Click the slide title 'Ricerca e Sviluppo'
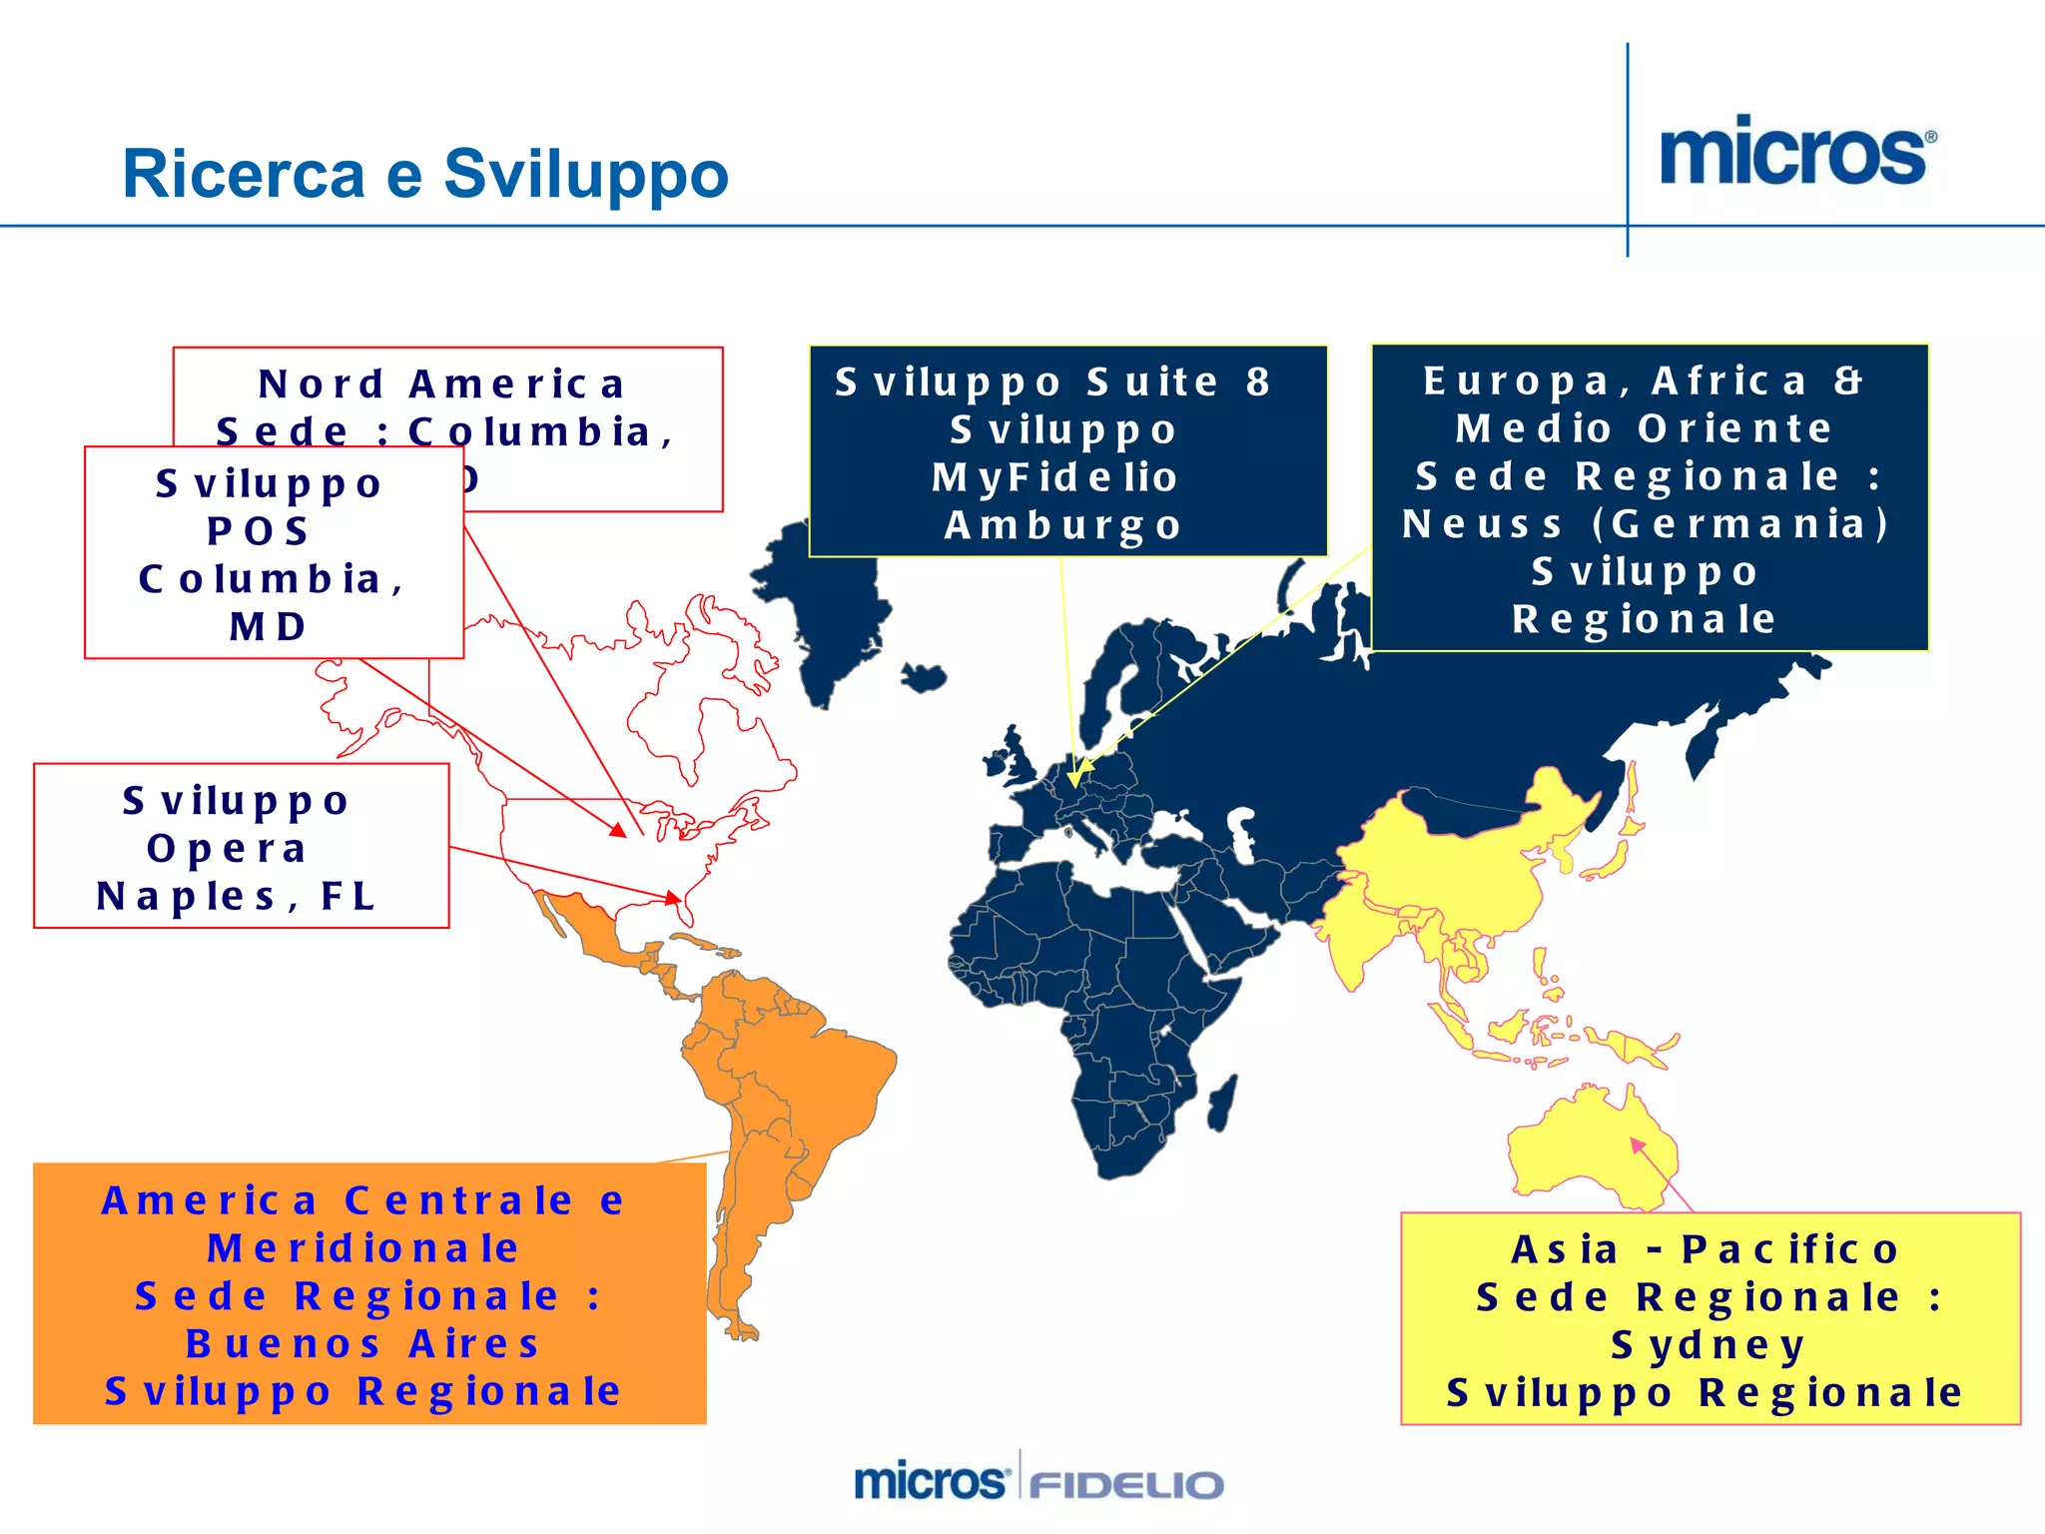click(x=425, y=174)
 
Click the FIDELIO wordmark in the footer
click(x=1126, y=1484)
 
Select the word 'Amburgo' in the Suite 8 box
click(x=1063, y=525)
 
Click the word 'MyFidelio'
click(x=1055, y=477)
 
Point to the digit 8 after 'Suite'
click(x=1257, y=382)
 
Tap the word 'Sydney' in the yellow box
click(x=1708, y=1345)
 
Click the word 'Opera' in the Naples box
click(x=227, y=849)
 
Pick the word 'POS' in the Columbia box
click(x=258, y=531)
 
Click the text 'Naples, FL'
click(x=237, y=897)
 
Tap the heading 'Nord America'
click(x=442, y=383)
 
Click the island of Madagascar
click(x=1223, y=1103)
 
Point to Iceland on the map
click(x=924, y=676)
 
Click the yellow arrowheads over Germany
click(x=1075, y=774)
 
